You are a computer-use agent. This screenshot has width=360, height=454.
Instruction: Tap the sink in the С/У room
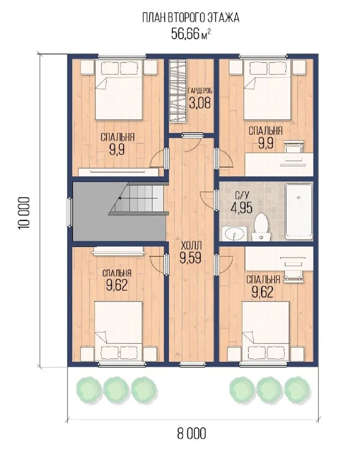pos(234,233)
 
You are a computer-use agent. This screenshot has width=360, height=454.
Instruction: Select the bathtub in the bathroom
pos(299,211)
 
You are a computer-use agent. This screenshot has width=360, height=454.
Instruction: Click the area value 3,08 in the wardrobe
pos(200,103)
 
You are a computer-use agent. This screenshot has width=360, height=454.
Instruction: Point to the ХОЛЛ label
pos(191,246)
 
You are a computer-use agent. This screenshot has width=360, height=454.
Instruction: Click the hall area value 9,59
pos(190,257)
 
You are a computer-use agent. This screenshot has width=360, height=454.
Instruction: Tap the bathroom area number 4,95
pos(242,207)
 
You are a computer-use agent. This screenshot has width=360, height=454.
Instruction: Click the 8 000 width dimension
pos(192,433)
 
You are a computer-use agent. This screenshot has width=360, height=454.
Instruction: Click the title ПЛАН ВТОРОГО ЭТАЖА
pos(191,18)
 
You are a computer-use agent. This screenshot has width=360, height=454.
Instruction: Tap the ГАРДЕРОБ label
pos(200,91)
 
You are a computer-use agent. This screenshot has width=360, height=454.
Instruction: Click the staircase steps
pos(139,198)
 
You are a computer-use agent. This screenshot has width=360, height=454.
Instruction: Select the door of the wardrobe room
pos(192,135)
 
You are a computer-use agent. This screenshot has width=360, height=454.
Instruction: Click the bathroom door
pos(216,200)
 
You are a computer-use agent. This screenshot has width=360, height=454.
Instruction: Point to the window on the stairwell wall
pos(69,212)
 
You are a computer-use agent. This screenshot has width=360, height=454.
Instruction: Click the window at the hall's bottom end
pos(191,364)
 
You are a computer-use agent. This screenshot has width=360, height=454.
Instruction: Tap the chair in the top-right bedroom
pos(294,147)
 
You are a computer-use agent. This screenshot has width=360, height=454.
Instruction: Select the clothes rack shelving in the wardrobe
pos(177,92)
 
